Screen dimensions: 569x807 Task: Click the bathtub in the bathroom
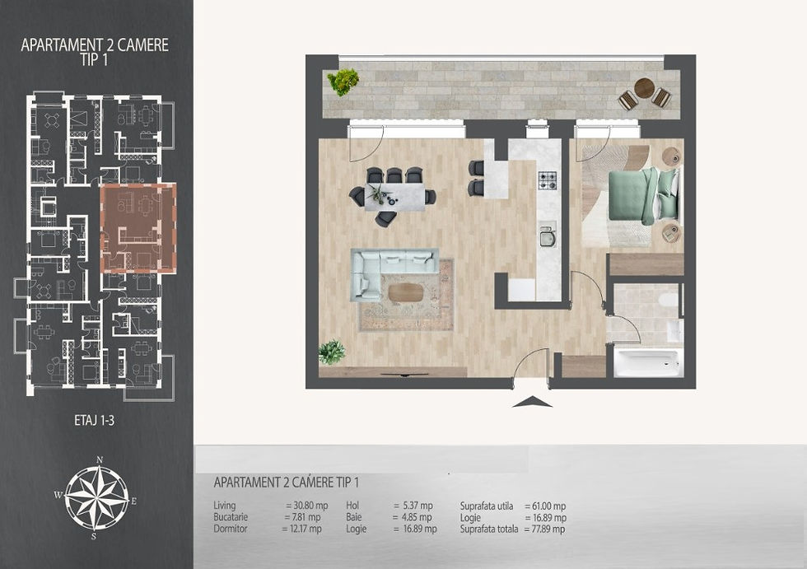click(648, 361)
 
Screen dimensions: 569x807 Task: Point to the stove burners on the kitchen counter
click(548, 180)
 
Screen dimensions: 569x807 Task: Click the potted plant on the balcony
click(343, 82)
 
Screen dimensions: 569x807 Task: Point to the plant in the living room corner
click(331, 352)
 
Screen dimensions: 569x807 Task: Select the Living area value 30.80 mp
click(306, 506)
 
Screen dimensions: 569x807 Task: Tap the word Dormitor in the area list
click(231, 529)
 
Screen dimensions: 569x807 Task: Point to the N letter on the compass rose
click(100, 461)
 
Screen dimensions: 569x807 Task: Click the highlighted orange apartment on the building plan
click(138, 228)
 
